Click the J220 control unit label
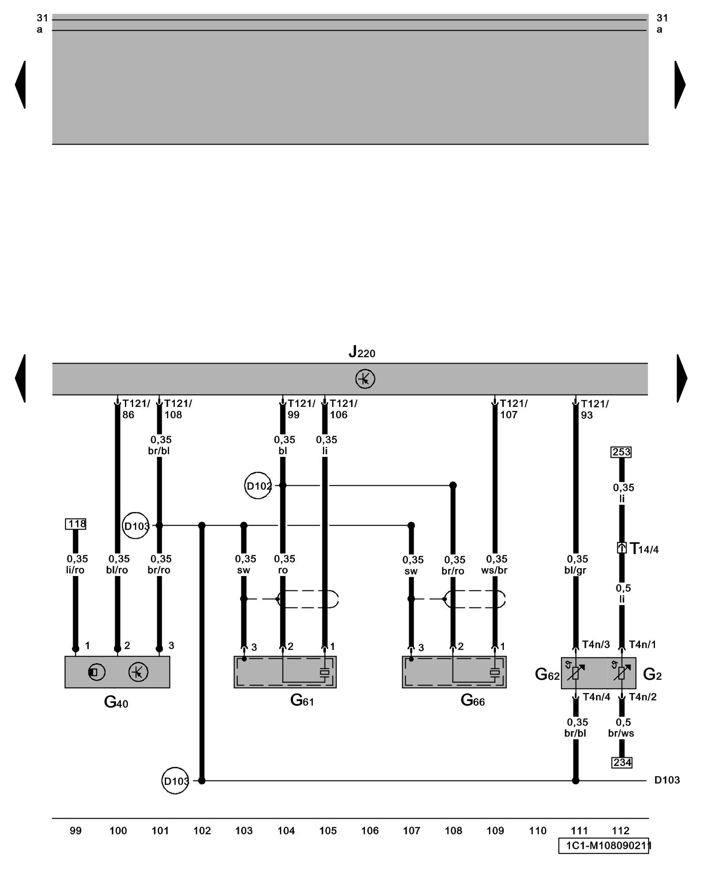click(x=362, y=352)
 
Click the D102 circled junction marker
click(x=258, y=485)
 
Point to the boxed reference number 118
click(x=76, y=524)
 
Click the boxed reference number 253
click(x=621, y=452)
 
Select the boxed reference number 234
click(x=622, y=763)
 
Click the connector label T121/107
click(x=513, y=409)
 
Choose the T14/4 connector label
click(x=644, y=548)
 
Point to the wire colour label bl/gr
click(x=575, y=570)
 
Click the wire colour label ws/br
click(x=494, y=570)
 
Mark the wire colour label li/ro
click(x=75, y=570)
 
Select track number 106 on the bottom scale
click(x=370, y=831)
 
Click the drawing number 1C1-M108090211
click(x=605, y=846)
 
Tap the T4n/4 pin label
click(x=596, y=697)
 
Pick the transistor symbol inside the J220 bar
click(x=365, y=379)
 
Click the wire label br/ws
click(x=621, y=733)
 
